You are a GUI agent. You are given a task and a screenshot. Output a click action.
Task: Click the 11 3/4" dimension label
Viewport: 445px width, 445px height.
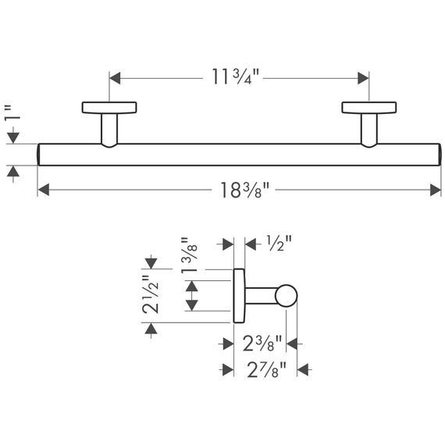point(235,77)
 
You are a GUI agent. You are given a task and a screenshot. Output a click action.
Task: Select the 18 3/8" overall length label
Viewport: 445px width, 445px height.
point(244,190)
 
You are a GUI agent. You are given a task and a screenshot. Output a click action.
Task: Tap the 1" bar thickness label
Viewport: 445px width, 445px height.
point(12,112)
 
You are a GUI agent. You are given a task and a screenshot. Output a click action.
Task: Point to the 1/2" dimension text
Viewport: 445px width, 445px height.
point(279,244)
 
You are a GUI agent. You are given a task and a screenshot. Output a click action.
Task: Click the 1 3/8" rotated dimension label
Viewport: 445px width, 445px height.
point(189,255)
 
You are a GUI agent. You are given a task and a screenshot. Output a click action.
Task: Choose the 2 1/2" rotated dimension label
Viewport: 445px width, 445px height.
point(150,294)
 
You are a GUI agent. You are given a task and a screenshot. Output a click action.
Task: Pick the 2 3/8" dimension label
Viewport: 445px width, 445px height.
point(262,344)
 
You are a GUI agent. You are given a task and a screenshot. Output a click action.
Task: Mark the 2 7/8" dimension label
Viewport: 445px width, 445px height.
point(266,369)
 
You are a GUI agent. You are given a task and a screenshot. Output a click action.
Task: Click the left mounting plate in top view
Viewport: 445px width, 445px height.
point(109,108)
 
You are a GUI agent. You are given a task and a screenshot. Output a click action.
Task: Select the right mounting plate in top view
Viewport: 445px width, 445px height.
point(369,108)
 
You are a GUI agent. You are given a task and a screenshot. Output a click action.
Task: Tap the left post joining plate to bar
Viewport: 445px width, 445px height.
point(109,130)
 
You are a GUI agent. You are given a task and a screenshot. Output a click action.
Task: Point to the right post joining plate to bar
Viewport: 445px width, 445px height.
point(369,130)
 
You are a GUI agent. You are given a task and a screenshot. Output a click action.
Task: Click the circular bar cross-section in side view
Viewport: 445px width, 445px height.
point(286,296)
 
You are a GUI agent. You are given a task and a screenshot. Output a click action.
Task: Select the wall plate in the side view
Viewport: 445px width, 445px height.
point(239,296)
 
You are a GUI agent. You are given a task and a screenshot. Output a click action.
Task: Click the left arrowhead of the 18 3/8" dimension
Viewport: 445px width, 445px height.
point(43,190)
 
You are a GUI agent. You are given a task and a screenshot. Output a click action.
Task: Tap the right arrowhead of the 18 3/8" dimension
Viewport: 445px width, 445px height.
point(436,190)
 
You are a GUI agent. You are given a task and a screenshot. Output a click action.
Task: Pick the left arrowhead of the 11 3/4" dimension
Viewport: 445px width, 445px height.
point(115,78)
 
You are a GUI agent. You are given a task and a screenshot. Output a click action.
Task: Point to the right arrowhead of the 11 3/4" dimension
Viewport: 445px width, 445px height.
point(363,78)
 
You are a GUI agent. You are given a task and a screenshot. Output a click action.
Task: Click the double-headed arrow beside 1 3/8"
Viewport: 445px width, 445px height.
point(192,296)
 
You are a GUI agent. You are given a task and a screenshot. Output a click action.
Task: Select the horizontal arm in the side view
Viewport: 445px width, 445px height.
point(261,296)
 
